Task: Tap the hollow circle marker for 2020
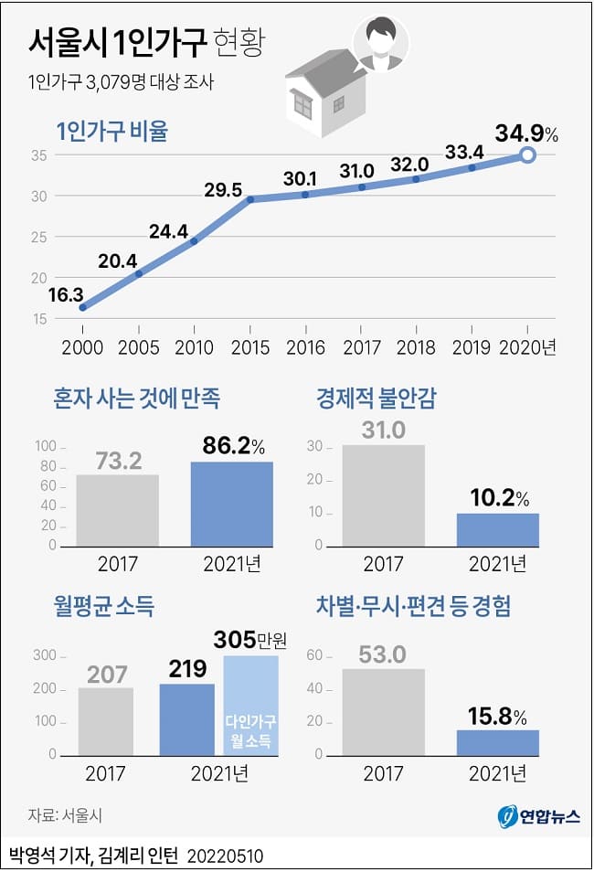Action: click(x=527, y=155)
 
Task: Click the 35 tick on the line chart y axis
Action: click(x=38, y=155)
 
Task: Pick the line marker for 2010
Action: click(x=194, y=241)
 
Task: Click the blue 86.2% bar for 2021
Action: click(x=231, y=503)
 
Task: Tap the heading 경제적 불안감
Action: click(x=377, y=399)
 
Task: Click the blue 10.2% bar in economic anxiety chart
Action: click(x=498, y=529)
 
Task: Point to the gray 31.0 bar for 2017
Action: click(x=383, y=494)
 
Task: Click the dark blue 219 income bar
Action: click(x=187, y=719)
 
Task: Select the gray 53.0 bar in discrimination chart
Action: click(x=383, y=712)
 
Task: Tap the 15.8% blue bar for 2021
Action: click(x=498, y=742)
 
